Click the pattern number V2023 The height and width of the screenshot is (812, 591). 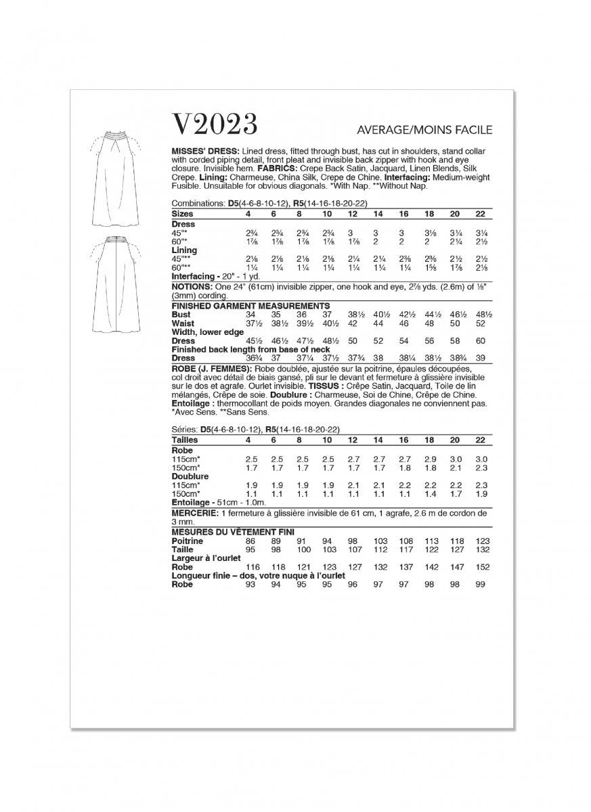(x=215, y=125)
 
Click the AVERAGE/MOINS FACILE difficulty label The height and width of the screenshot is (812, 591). (x=424, y=130)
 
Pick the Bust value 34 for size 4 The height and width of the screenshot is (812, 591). (x=250, y=315)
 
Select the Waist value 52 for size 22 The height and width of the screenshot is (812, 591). (x=481, y=323)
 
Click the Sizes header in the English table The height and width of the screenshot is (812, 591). (x=182, y=214)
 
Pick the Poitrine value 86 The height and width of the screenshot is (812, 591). (x=250, y=541)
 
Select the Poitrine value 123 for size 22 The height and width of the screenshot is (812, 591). (x=481, y=541)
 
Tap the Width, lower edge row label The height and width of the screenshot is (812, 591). (x=207, y=332)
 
